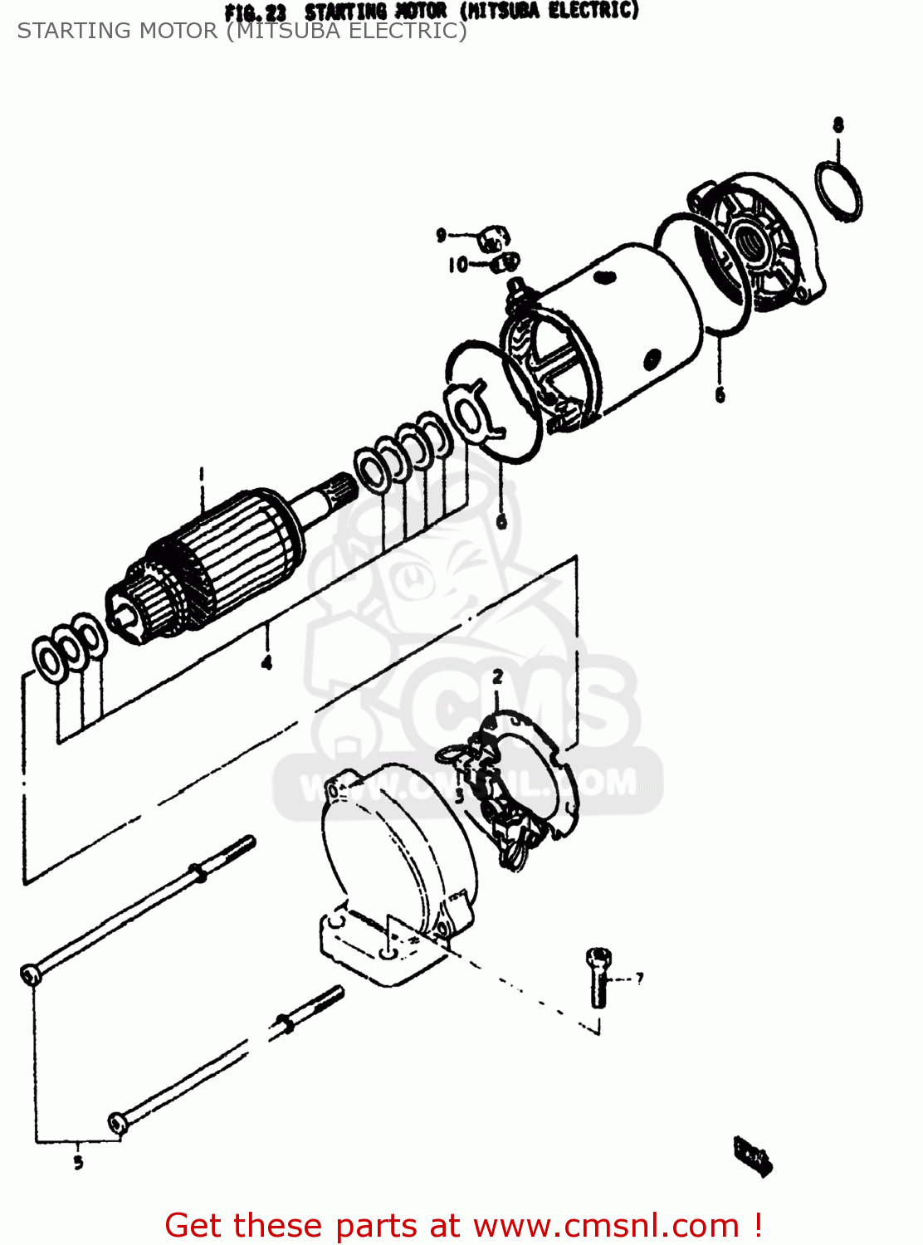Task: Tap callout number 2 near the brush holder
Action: [x=497, y=677]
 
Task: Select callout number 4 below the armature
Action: [x=266, y=662]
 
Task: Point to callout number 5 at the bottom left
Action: [x=78, y=1162]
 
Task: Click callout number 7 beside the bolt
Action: [x=639, y=978]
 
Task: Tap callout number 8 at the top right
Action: [x=838, y=124]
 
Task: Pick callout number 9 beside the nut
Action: [x=442, y=236]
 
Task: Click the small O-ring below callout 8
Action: [x=838, y=192]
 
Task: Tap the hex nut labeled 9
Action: [x=494, y=240]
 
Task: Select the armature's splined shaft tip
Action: [x=339, y=486]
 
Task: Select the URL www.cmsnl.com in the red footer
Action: [x=606, y=1226]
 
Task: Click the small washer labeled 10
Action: [x=504, y=264]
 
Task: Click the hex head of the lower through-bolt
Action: [x=117, y=1124]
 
